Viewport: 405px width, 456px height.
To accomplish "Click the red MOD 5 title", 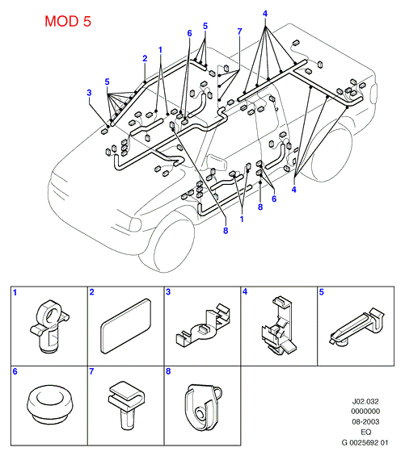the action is (x=68, y=21).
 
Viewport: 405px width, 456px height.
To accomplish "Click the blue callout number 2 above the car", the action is (x=145, y=58).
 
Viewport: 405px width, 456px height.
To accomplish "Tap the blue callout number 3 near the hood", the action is (x=89, y=93).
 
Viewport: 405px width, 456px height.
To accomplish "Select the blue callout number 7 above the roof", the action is (x=239, y=31).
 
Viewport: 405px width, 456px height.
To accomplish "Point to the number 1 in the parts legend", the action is (x=15, y=292).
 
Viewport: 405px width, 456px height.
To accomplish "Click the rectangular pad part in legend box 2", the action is (x=126, y=326).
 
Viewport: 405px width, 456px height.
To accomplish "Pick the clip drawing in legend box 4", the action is (x=279, y=325).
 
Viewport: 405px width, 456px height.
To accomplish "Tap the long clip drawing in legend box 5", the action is (x=357, y=327).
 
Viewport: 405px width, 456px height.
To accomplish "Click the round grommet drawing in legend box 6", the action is (x=50, y=404).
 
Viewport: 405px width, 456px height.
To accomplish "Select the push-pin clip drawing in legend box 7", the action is (x=126, y=405).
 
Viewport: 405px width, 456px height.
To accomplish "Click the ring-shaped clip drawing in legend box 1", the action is (x=49, y=326).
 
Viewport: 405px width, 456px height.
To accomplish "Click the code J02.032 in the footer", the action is (x=365, y=401).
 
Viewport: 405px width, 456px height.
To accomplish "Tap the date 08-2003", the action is (x=365, y=421).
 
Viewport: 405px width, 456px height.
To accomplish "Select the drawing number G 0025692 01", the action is (x=365, y=442).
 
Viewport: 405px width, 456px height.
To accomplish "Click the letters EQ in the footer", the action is (x=365, y=432).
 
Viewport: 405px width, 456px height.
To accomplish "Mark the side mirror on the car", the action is (x=217, y=162).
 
